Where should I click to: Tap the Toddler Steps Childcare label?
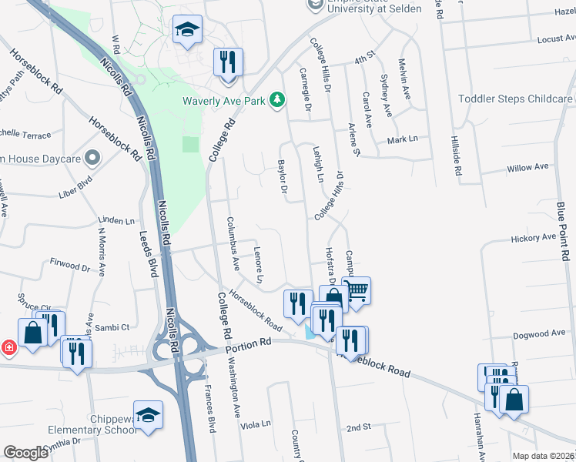(515, 99)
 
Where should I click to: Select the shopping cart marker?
(356, 290)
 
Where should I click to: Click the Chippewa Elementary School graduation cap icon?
(148, 414)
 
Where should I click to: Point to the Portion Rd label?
(250, 344)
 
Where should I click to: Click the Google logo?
(25, 453)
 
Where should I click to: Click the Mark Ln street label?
(402, 139)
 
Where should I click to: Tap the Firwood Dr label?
(69, 266)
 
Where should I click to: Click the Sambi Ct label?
(113, 326)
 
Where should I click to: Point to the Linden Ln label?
(116, 221)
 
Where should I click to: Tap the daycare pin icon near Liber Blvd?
(92, 159)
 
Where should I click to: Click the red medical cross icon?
(8, 347)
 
